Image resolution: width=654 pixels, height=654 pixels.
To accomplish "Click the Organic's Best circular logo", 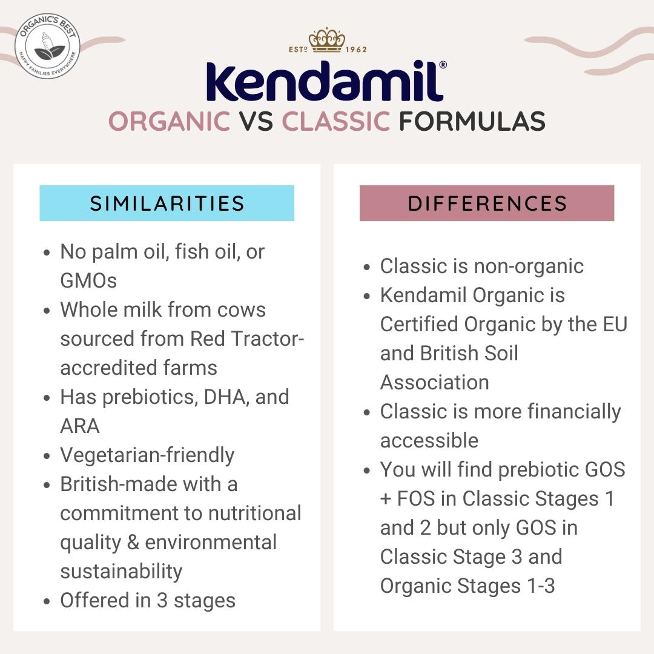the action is coord(47,46).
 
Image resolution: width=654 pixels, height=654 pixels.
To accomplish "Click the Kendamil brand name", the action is coord(325,82).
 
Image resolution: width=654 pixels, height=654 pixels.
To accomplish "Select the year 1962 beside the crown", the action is coord(356,49).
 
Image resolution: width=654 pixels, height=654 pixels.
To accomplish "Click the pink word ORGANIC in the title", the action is coord(169,121).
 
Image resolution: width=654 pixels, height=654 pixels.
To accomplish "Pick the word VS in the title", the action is coord(256,121).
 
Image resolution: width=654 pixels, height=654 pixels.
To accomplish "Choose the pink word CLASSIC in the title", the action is coord(336,121).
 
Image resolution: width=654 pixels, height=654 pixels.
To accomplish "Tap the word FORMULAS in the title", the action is coord(472,121).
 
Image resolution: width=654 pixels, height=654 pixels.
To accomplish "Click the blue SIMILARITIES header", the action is coord(167,203).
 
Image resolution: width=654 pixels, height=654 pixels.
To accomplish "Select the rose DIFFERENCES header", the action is coord(487,203).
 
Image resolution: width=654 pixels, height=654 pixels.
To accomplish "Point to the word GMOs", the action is coord(88,280).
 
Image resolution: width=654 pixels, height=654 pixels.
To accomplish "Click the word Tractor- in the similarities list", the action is coord(268,339).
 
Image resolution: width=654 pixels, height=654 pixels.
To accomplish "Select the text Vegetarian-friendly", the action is coord(147,455).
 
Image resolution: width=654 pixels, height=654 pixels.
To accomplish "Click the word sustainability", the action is coord(121,572).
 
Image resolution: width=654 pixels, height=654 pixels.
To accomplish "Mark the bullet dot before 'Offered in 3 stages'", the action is coord(47,602).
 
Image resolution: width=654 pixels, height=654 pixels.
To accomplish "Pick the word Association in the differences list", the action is coord(435,383).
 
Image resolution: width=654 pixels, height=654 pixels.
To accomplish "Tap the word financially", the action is coord(574,412).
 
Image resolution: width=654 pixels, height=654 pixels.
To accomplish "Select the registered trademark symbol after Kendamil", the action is coord(443,65).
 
